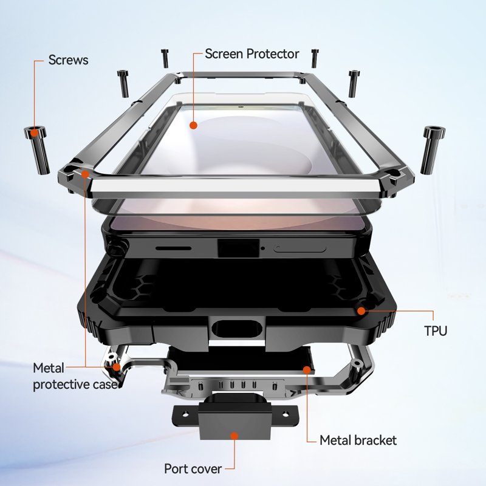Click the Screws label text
(x=68, y=60)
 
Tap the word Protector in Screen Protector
(x=273, y=54)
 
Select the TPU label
(x=436, y=330)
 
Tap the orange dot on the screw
(x=35, y=132)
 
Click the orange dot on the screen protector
(x=193, y=125)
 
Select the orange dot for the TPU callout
(x=361, y=310)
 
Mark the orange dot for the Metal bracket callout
(x=307, y=370)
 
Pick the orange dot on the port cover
(x=234, y=436)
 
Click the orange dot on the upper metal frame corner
(x=85, y=174)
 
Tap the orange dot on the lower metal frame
(x=116, y=368)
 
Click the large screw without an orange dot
(x=433, y=149)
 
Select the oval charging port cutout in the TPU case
(x=238, y=329)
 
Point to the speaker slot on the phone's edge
(x=173, y=248)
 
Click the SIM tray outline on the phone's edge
(x=299, y=248)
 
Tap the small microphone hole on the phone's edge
(x=263, y=248)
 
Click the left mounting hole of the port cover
(x=185, y=414)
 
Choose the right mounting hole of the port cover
(x=285, y=414)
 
